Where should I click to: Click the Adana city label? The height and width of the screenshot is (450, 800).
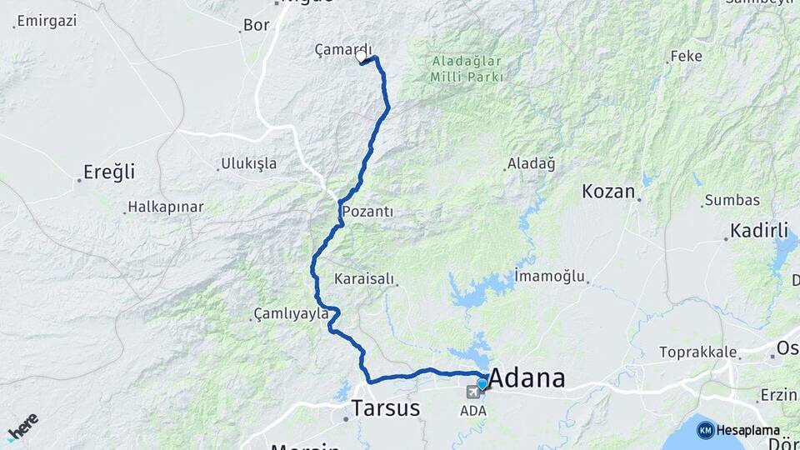pos(527,379)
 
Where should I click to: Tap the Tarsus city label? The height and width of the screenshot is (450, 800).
pos(386,408)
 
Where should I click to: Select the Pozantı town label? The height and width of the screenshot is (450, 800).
pos(367,212)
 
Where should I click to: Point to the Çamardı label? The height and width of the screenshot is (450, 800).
pos(343,50)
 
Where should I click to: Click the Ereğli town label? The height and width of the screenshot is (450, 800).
pos(108,172)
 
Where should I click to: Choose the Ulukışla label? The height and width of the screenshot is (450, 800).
pos(248,163)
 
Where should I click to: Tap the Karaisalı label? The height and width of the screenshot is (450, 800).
pos(364,278)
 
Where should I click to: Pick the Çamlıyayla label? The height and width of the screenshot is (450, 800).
pos(290,314)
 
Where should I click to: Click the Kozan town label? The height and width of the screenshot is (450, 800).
pos(608,191)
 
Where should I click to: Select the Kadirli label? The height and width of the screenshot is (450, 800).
pos(759,230)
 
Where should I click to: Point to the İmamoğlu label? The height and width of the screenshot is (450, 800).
pos(550,276)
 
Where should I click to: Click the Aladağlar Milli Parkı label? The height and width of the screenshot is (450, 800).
pos(467,69)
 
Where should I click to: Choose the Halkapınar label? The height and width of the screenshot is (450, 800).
pos(166,207)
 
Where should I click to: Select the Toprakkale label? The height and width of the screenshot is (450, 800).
pos(698,352)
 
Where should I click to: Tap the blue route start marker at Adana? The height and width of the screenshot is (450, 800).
pos(482,384)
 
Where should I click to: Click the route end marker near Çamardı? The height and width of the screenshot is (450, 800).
pos(362,57)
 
